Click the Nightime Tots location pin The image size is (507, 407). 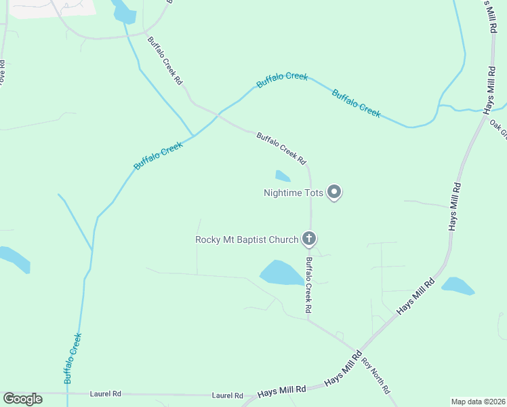333,193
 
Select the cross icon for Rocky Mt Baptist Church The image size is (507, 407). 309,238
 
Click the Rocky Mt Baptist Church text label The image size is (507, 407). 247,239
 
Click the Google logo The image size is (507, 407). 22,399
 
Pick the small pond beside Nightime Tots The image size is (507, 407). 283,176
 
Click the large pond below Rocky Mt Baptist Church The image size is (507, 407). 282,273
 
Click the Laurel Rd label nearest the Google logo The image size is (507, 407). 106,393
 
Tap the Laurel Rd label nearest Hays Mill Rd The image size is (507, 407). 227,395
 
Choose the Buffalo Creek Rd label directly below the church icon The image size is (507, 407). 308,284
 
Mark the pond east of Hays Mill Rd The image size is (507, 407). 458,286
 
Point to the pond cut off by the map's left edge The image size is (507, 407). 14,258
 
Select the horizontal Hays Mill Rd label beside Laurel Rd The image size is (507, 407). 282,390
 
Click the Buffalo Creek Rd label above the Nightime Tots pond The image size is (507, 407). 281,149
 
